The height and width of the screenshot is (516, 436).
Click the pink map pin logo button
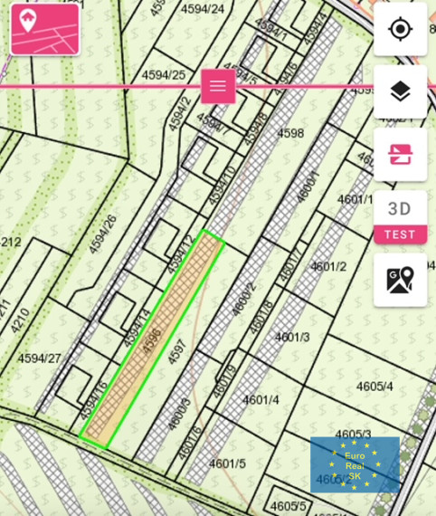[x=45, y=29]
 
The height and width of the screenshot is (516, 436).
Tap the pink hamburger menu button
[x=218, y=86]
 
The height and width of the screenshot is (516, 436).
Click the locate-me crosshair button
[x=400, y=29]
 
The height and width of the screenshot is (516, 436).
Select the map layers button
[x=400, y=91]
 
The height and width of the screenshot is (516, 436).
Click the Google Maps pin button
[x=400, y=280]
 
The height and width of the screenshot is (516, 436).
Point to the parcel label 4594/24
[x=203, y=9]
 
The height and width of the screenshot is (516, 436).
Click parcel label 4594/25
[x=164, y=75]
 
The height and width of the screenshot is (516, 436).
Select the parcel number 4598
[x=290, y=133]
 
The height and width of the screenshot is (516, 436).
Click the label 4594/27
[x=39, y=358]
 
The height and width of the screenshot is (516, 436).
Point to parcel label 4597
[x=176, y=352]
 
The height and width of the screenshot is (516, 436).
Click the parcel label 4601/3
[x=292, y=337]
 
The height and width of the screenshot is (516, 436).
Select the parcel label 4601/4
[x=261, y=399]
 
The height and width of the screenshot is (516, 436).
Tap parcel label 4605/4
[x=374, y=387]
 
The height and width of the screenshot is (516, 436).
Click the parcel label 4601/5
[x=227, y=463]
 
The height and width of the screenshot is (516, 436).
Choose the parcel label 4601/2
[x=328, y=266]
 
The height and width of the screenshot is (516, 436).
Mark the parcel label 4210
[x=20, y=321]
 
